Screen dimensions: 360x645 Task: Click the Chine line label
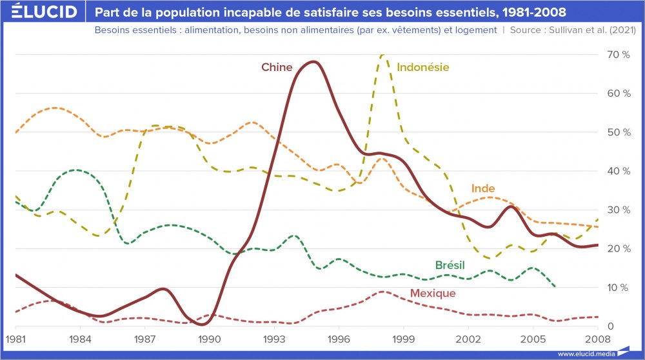pos(277,67)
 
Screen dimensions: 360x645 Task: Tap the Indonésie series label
pos(423,67)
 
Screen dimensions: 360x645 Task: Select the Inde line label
pos(483,188)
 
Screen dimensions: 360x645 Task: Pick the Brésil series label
pos(450,265)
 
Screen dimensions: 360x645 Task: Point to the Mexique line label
pos(433,293)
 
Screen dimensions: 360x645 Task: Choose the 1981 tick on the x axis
pos(15,338)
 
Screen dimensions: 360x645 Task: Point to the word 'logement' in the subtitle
pos(476,30)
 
